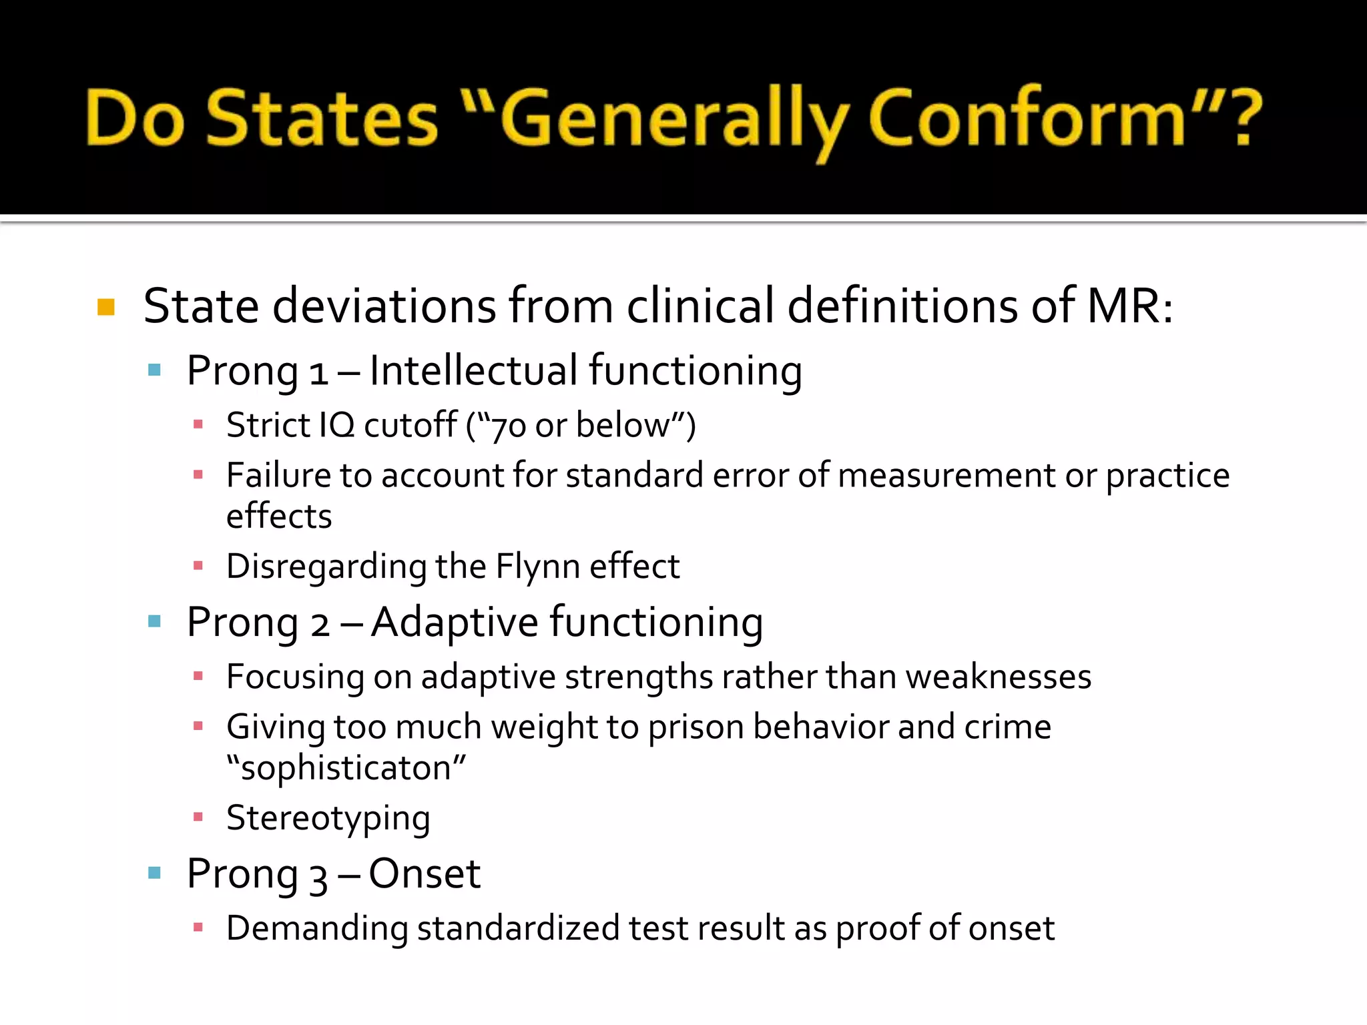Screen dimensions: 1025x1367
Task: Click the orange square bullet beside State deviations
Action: (x=106, y=307)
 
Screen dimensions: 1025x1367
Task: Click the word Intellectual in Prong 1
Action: (x=473, y=370)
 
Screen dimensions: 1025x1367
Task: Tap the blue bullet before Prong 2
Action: (x=155, y=622)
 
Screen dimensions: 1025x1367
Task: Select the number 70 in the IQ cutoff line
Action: (x=508, y=426)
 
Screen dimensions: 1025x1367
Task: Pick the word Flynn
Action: (x=537, y=566)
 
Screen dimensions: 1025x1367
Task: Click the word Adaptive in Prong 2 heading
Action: (x=455, y=622)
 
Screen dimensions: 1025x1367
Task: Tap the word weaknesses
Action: (x=999, y=676)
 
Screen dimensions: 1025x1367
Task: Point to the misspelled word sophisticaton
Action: (x=346, y=767)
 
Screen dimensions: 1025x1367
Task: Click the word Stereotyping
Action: (x=328, y=818)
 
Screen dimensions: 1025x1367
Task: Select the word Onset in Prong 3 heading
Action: (x=425, y=874)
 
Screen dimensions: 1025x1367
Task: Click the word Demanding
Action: (x=317, y=928)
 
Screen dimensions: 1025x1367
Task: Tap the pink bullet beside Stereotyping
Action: (x=198, y=817)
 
